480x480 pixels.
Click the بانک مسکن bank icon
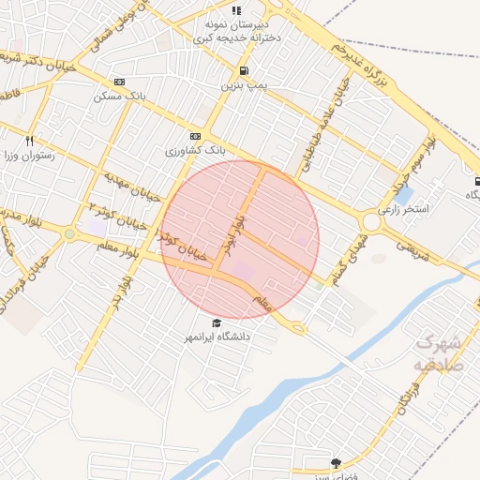coord(118,82)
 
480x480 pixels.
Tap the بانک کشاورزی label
coord(197,150)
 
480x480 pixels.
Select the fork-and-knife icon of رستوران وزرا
coord(30,140)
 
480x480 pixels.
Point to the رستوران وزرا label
coord(30,156)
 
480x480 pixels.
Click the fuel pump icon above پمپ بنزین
coord(245,70)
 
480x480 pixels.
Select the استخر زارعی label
coord(403,209)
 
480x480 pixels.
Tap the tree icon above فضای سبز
coord(336,462)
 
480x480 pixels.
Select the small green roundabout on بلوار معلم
coord(69,233)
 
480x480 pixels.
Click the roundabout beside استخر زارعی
coord(372,222)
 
